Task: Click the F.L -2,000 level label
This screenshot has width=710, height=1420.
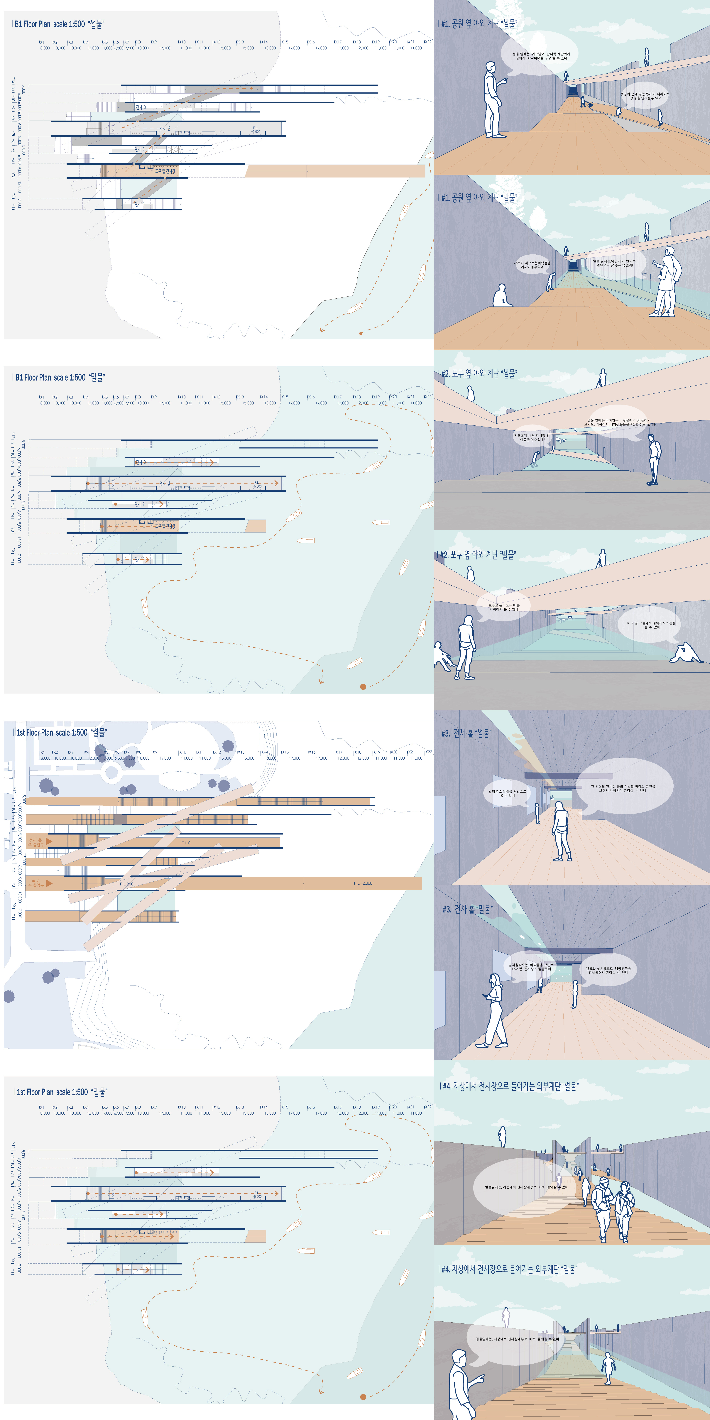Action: (363, 883)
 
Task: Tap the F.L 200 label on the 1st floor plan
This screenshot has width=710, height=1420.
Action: (126, 884)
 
